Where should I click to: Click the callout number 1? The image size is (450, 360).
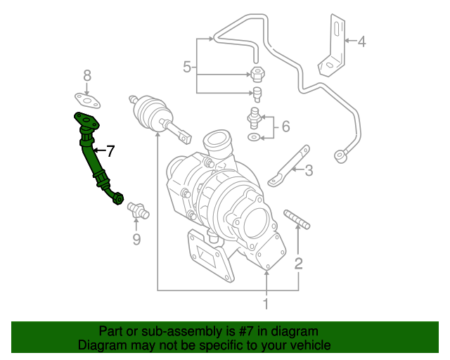coord(266,304)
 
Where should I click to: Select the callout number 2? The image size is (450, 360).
coord(299,264)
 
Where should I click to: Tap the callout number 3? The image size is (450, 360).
coord(308,169)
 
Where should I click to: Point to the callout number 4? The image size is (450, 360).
coord(361,41)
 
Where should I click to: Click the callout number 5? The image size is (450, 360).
coord(188,67)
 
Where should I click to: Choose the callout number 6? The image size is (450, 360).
coord(285,127)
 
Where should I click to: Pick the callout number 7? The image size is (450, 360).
coord(109,150)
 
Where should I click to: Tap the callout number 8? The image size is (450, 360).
coord(87,75)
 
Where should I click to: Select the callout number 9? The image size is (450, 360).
coord(136,240)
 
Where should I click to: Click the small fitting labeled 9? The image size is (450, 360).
coord(136,210)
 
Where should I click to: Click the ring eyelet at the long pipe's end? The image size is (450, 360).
coord(342,155)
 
